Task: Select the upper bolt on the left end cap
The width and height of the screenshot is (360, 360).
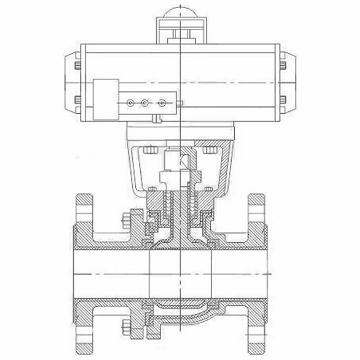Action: [x=77, y=65]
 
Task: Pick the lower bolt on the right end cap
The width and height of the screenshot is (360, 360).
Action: [x=283, y=100]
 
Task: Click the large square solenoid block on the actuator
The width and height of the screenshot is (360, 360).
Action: [x=106, y=99]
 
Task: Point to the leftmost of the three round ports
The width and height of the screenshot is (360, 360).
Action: [x=130, y=102]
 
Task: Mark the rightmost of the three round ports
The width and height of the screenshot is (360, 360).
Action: [x=162, y=102]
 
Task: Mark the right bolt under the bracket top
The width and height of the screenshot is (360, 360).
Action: [x=210, y=150]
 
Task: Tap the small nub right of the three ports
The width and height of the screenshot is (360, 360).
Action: [x=180, y=103]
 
